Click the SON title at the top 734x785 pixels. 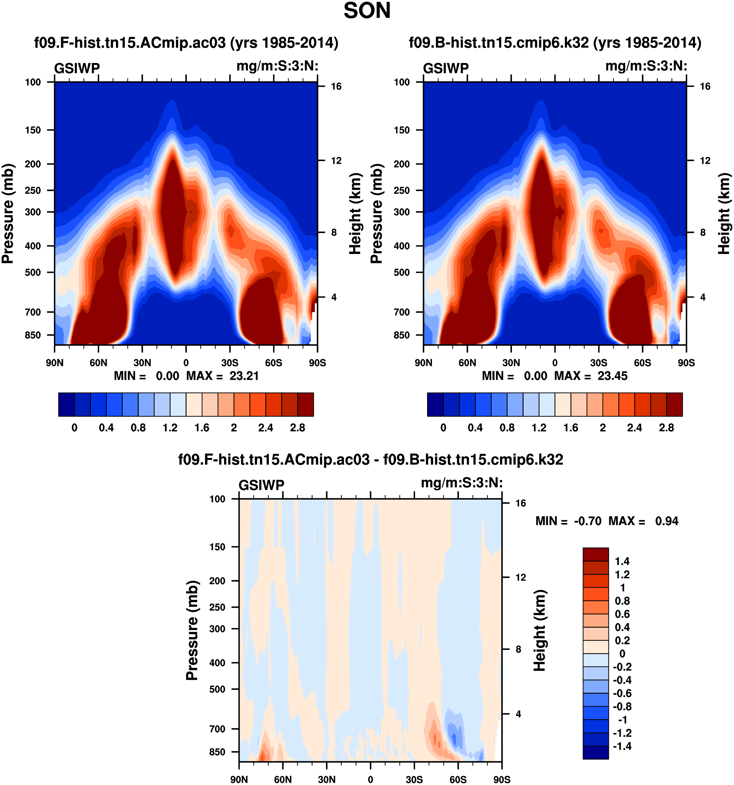pos(367,11)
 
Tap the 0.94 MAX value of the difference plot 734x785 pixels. pos(666,521)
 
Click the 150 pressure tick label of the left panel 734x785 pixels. pos(33,130)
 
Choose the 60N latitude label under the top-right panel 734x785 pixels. pos(467,363)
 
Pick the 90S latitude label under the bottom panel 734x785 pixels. pos(501,779)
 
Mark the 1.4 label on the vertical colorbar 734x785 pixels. pos(622,561)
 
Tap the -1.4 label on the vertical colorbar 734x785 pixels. pos(622,746)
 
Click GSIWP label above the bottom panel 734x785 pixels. pos(261,485)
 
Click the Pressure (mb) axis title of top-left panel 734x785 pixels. pos(8,213)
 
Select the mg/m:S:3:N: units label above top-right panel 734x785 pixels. pos(646,66)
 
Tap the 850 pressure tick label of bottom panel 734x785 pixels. pos(217,752)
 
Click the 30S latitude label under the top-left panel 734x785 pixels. pos(230,363)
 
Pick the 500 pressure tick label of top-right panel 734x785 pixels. pos(401,272)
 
